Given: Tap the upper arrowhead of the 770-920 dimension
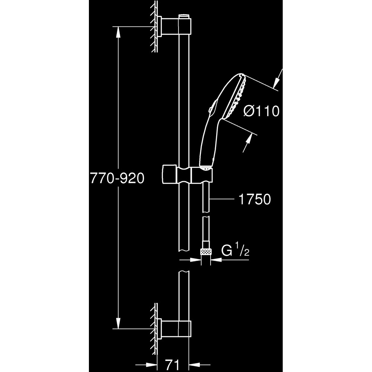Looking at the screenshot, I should (118, 32).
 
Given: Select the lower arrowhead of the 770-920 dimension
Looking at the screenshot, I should (118, 323).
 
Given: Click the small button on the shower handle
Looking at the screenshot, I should (211, 109).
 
